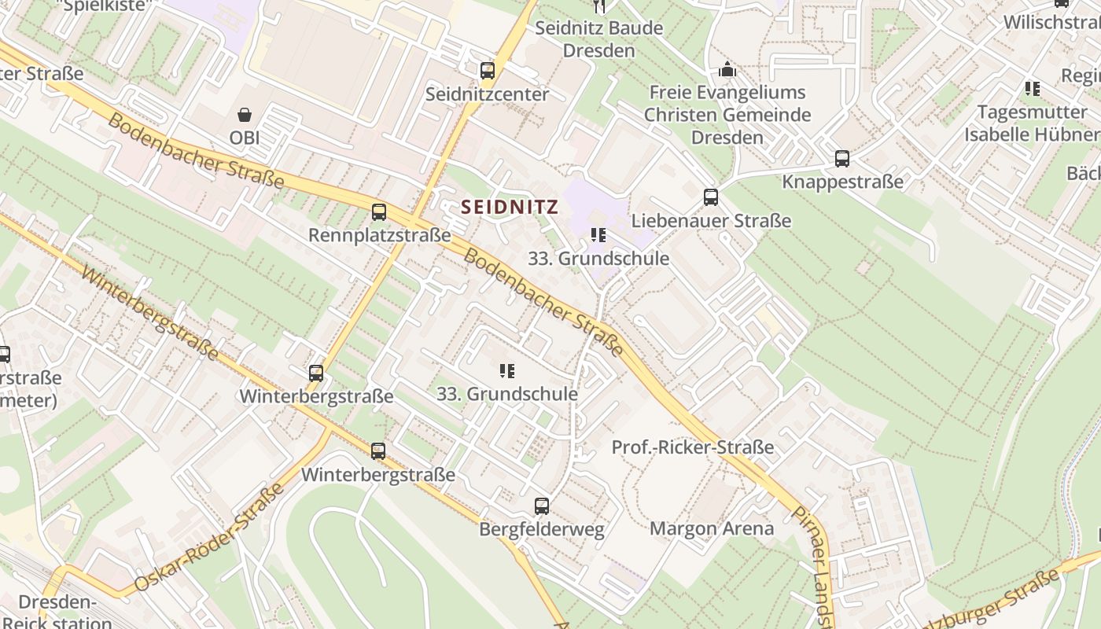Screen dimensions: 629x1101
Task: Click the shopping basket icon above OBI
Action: [x=245, y=115]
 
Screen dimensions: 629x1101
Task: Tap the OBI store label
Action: [x=245, y=138]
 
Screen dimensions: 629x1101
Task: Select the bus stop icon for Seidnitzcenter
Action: [x=488, y=71]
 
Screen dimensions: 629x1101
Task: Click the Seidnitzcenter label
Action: [x=487, y=94]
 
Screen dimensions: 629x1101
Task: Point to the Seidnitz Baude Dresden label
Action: [x=598, y=39]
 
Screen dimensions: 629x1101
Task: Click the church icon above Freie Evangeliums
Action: [x=727, y=70]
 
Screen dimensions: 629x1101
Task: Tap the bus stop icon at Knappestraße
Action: [x=842, y=159]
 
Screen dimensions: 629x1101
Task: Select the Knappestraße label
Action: [x=842, y=182]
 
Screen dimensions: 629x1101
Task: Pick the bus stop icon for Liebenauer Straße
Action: [x=711, y=197]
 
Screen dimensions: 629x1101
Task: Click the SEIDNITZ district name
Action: [x=510, y=208]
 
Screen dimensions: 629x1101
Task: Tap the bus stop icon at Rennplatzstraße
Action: [x=379, y=212]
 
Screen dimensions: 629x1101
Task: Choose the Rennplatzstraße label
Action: [x=379, y=235]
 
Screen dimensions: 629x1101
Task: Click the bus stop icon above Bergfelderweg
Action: [x=542, y=506]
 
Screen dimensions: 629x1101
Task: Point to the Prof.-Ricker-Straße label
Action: [x=693, y=447]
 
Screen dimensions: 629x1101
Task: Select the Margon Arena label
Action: [x=712, y=528]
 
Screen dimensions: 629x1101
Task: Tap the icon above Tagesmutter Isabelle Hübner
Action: [x=1032, y=89]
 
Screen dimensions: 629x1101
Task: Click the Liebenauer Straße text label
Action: [x=711, y=221]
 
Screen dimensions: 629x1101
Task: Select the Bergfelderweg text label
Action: [x=542, y=529]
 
